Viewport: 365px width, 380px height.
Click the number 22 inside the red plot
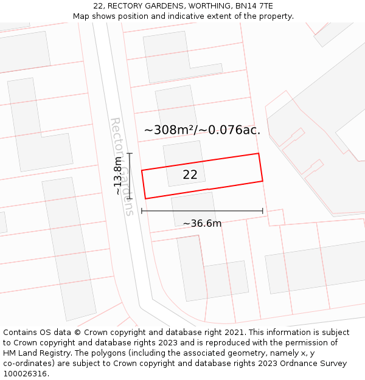[190, 174]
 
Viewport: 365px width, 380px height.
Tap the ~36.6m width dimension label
[203, 223]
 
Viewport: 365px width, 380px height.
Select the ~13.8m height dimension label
[117, 175]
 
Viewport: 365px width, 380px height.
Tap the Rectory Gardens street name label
[121, 166]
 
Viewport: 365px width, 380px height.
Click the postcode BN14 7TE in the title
[253, 6]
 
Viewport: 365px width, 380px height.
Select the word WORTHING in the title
[205, 6]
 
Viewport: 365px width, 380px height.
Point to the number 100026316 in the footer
[24, 374]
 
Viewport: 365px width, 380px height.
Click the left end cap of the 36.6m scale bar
[142, 211]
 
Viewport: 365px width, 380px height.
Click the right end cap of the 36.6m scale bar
[263, 211]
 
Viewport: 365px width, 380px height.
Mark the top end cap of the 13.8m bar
[130, 154]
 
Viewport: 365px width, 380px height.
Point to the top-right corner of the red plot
[259, 153]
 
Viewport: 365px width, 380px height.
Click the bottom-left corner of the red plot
[145, 198]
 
